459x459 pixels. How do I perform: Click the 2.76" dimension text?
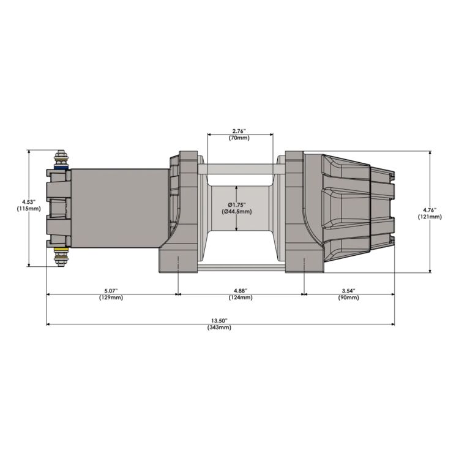coord(240,131)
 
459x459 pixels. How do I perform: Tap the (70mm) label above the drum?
coord(240,138)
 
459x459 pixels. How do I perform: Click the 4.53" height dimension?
coord(29,201)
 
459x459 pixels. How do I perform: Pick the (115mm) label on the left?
coord(29,209)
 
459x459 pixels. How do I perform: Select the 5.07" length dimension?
coord(112,290)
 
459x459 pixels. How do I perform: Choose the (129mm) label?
coord(112,297)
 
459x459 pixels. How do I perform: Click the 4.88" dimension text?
coord(240,290)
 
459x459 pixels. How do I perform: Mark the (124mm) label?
coord(240,297)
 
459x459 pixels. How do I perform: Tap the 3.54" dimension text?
coord(349,290)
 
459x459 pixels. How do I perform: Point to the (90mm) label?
coord(349,297)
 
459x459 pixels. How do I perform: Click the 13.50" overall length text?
coord(220,320)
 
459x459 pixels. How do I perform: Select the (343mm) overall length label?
coord(220,327)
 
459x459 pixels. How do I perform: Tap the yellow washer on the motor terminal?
coord(61,251)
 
